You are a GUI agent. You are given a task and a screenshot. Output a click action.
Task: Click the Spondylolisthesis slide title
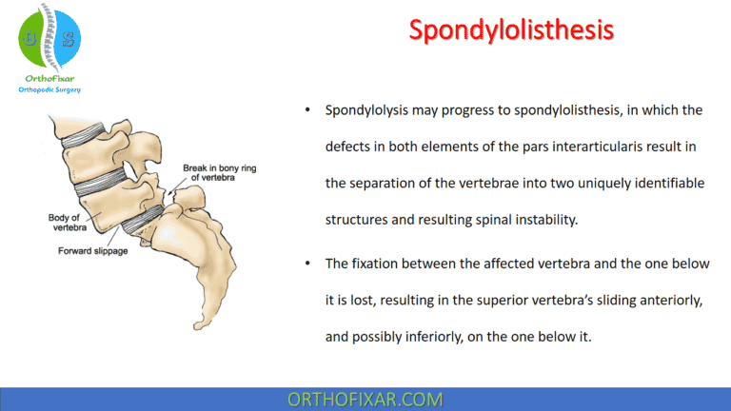click(511, 29)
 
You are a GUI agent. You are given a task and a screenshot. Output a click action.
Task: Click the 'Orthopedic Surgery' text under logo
click(50, 89)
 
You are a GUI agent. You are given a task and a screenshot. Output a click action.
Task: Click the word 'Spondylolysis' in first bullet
click(368, 110)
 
